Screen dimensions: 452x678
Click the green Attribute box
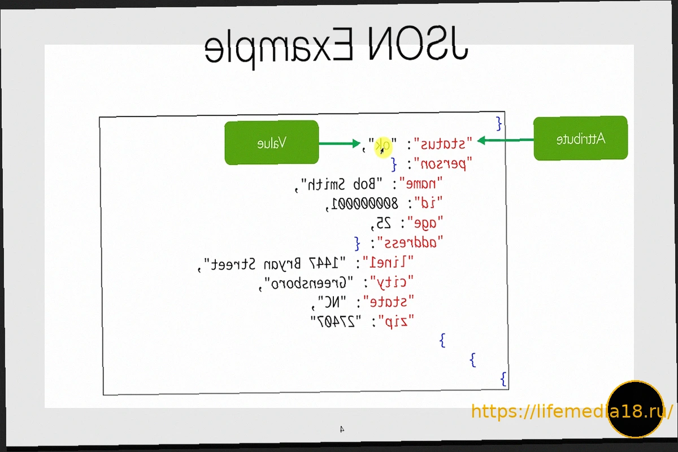click(x=580, y=138)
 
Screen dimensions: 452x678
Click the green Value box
click(x=271, y=143)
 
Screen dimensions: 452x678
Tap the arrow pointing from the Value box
click(x=339, y=144)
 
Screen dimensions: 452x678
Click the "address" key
click(x=410, y=243)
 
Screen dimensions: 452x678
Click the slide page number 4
click(x=342, y=429)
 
